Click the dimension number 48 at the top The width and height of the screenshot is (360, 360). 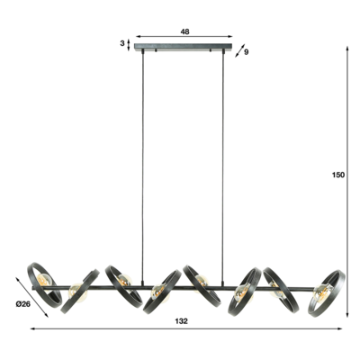(184, 31)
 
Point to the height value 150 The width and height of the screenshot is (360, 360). (337, 176)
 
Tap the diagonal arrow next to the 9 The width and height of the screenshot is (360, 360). (238, 51)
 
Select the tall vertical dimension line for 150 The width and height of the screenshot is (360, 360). (348, 180)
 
